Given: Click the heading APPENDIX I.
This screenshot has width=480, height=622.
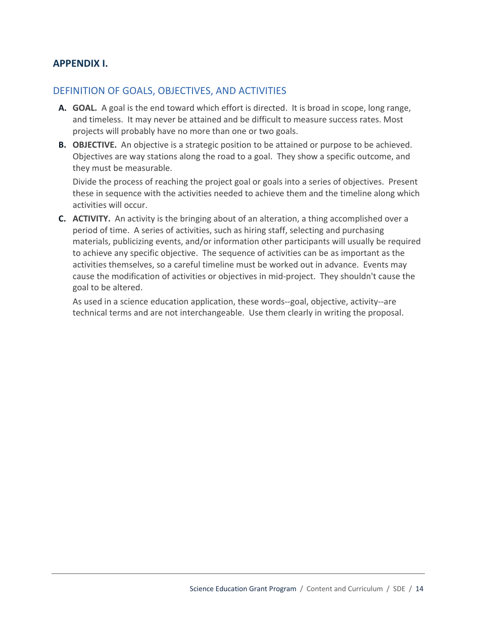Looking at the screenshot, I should [80, 64].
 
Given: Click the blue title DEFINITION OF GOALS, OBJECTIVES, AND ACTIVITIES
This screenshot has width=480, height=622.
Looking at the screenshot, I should [169, 91].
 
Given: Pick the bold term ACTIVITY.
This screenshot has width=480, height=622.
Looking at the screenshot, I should [91, 219].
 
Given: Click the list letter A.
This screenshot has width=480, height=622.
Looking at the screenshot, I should [62, 108].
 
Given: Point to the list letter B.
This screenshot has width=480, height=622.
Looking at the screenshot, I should [62, 145].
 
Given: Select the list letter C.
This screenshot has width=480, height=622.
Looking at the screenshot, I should [62, 219].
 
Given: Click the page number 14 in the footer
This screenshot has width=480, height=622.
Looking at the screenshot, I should [419, 589].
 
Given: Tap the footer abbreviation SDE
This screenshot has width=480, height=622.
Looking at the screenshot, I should [399, 589].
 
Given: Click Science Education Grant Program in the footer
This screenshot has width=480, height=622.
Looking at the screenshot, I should [243, 589].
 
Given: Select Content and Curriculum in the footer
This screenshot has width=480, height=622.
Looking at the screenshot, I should [345, 589].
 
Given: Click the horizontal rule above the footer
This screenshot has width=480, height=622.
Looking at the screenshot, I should [238, 573].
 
